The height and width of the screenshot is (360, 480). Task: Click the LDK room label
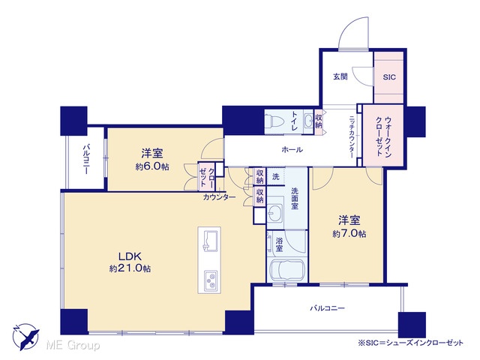coord(130,256)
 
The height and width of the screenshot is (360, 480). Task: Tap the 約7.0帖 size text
coord(349,233)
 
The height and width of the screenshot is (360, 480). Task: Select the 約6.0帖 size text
coord(152,166)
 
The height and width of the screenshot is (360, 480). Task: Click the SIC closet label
coord(389,77)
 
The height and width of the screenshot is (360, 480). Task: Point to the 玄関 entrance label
coord(340,76)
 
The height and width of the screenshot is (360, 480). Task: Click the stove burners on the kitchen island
coord(211,280)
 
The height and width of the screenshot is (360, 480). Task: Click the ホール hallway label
coord(292,150)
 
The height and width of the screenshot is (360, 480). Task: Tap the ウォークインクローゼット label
coord(383,136)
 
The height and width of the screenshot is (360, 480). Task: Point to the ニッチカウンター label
coord(351,136)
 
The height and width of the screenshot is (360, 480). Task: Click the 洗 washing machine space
coord(276,177)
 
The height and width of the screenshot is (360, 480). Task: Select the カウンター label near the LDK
coord(219,197)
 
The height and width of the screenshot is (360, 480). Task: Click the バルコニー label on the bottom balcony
coord(328,308)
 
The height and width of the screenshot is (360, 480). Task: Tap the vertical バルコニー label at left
coord(86,159)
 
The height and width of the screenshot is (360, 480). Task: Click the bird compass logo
coord(26,337)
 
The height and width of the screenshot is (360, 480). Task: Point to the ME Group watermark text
coord(73,346)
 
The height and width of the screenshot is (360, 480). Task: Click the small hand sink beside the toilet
coord(308,120)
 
